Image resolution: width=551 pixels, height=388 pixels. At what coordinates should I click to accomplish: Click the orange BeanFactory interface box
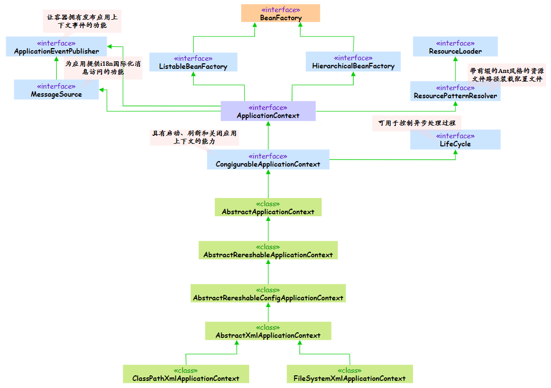coord(281,13)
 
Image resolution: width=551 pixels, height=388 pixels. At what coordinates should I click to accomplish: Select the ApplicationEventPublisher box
coord(56,47)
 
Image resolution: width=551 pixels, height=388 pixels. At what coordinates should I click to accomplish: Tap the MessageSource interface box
coord(56,90)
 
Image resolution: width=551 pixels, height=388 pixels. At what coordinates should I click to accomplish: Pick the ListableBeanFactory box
coord(193,62)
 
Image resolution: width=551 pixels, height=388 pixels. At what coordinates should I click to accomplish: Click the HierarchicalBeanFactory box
coord(353,62)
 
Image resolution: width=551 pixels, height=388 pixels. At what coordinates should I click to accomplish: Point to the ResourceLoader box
coord(455,47)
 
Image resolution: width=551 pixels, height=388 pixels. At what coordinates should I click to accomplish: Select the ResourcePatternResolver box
coord(455,91)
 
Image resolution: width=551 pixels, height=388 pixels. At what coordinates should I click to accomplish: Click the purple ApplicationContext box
coord(268,111)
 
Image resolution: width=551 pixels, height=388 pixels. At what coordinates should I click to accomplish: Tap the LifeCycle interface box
coord(455,139)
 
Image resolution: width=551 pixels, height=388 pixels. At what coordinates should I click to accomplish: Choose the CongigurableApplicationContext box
coord(268,160)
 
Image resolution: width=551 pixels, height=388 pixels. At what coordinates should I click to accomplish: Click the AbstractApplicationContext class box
coord(268,207)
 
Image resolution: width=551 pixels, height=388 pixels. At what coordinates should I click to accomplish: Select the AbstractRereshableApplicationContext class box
coord(268,250)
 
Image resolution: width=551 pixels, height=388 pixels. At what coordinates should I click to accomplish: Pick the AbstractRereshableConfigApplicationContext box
coord(268,293)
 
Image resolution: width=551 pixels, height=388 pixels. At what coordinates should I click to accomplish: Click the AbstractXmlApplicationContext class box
coord(268,331)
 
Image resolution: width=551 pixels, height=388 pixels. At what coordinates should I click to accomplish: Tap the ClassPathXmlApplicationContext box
coord(186,374)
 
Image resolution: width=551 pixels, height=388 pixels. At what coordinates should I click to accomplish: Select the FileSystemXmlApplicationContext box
coord(350,374)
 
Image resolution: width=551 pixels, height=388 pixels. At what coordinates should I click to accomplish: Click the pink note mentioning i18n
coord(103,67)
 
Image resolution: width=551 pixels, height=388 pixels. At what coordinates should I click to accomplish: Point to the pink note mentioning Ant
coord(507,74)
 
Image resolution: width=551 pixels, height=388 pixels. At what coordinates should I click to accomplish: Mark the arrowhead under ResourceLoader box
coord(455,59)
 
